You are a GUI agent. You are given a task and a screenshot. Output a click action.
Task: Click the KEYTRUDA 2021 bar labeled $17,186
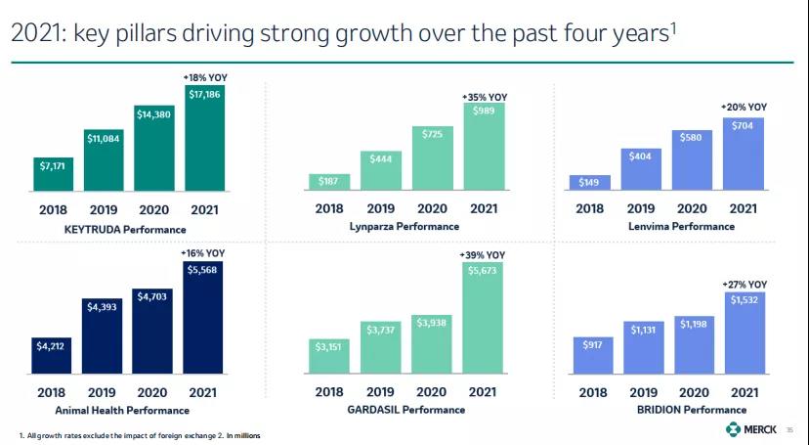point(204,138)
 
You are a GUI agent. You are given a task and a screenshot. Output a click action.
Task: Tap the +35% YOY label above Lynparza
point(484,96)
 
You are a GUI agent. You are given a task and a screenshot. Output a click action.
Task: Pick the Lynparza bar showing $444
point(380,169)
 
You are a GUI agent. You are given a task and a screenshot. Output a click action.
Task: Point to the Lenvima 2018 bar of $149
point(589,182)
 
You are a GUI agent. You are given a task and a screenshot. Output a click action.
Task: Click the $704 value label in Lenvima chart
point(744,126)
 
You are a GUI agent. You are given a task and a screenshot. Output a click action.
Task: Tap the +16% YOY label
point(204,253)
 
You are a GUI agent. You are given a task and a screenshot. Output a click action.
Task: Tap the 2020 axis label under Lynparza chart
point(432,208)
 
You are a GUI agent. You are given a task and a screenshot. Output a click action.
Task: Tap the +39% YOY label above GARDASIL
point(483,255)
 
